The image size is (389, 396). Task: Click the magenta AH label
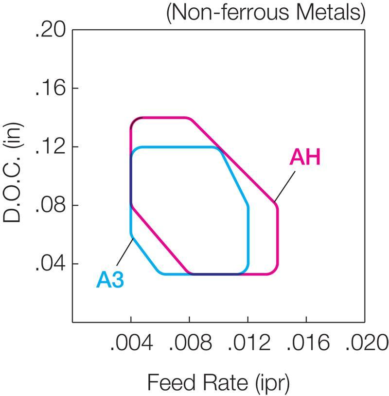305,158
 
